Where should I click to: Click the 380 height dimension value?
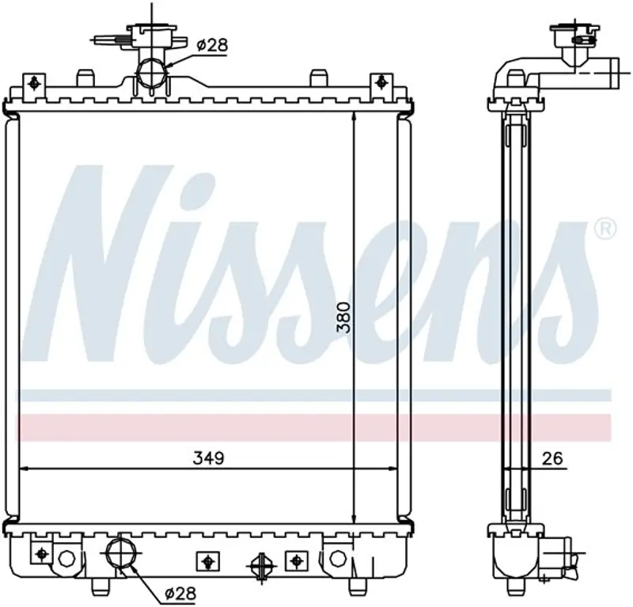[345, 317]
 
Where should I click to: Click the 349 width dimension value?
[208, 458]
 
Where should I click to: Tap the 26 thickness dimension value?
[552, 458]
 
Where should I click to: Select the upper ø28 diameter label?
[212, 45]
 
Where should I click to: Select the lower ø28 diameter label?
[180, 594]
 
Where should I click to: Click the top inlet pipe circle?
[151, 73]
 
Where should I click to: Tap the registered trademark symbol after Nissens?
[606, 229]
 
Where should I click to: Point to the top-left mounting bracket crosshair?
[34, 84]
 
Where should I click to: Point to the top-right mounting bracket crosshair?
[381, 83]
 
